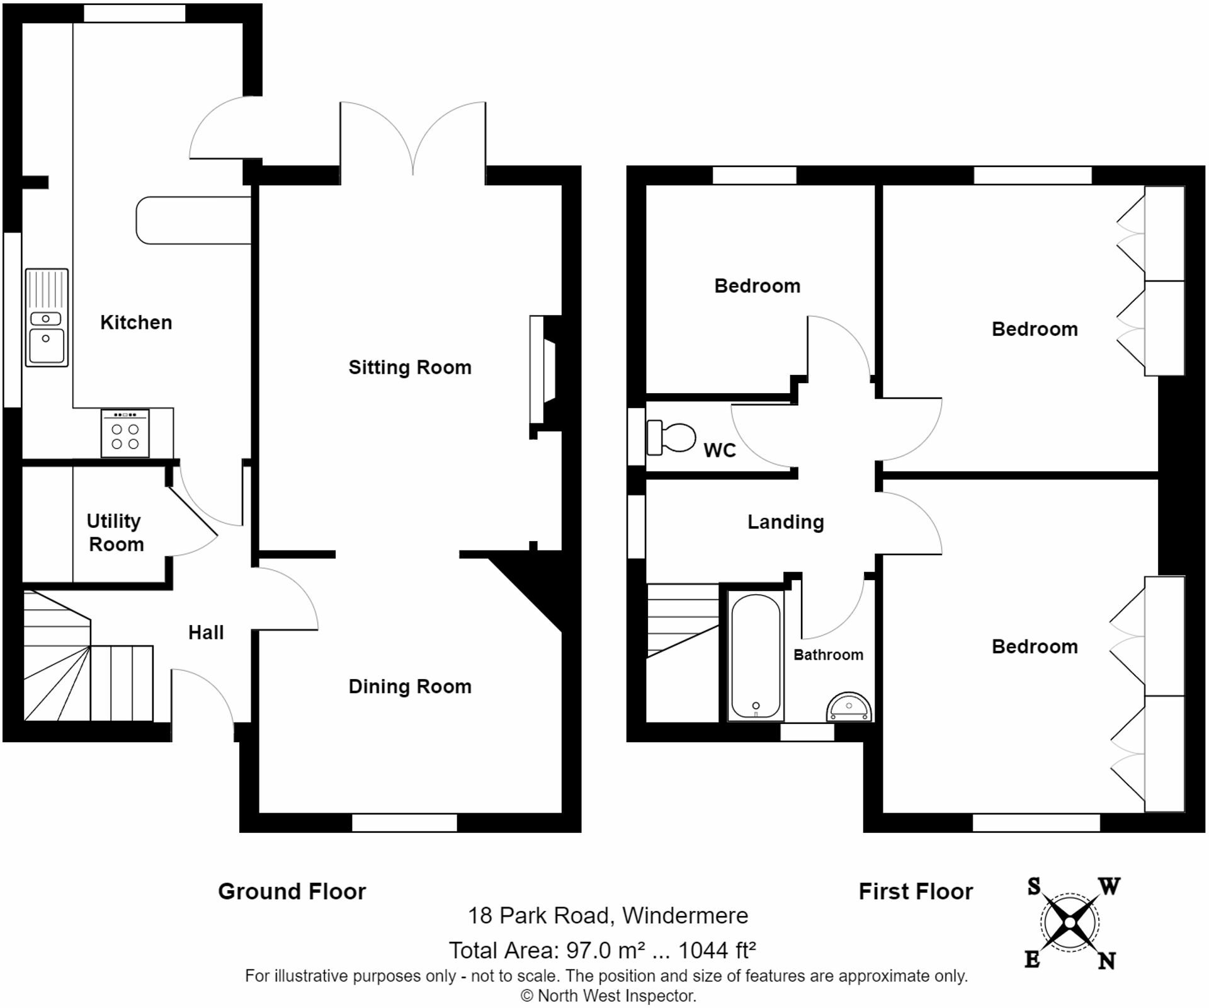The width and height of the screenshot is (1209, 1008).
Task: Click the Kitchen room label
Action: pos(136,323)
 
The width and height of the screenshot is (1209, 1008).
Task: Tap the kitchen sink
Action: pos(47,318)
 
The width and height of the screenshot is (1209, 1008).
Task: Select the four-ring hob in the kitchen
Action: pos(125,433)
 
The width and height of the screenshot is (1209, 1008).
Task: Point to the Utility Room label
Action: pos(116,532)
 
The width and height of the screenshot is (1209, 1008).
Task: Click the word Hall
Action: pos(206,633)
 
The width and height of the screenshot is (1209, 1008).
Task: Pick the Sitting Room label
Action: pos(410,367)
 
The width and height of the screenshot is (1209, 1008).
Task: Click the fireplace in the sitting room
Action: pos(542,369)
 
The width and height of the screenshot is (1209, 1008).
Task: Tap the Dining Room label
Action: pos(410,686)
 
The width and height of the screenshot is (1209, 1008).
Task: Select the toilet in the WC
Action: pos(671,437)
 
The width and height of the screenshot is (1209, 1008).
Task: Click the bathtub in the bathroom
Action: pos(756,656)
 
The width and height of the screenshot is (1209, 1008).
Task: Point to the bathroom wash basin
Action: pos(849,707)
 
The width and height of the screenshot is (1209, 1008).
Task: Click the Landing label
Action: pos(786,522)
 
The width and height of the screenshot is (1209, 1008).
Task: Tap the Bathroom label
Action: pos(828,655)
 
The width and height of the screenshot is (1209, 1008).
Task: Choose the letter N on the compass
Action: pos(1106,961)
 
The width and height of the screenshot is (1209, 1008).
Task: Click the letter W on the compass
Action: pos(1110,886)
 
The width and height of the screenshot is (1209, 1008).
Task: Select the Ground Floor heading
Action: pos(292,891)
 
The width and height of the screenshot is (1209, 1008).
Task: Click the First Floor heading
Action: pos(916,891)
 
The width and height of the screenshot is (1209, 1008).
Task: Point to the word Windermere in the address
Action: pos(685,915)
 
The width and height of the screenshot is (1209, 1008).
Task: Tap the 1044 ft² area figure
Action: pos(717,949)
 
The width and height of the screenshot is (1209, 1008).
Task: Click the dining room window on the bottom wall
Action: pos(404,823)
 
